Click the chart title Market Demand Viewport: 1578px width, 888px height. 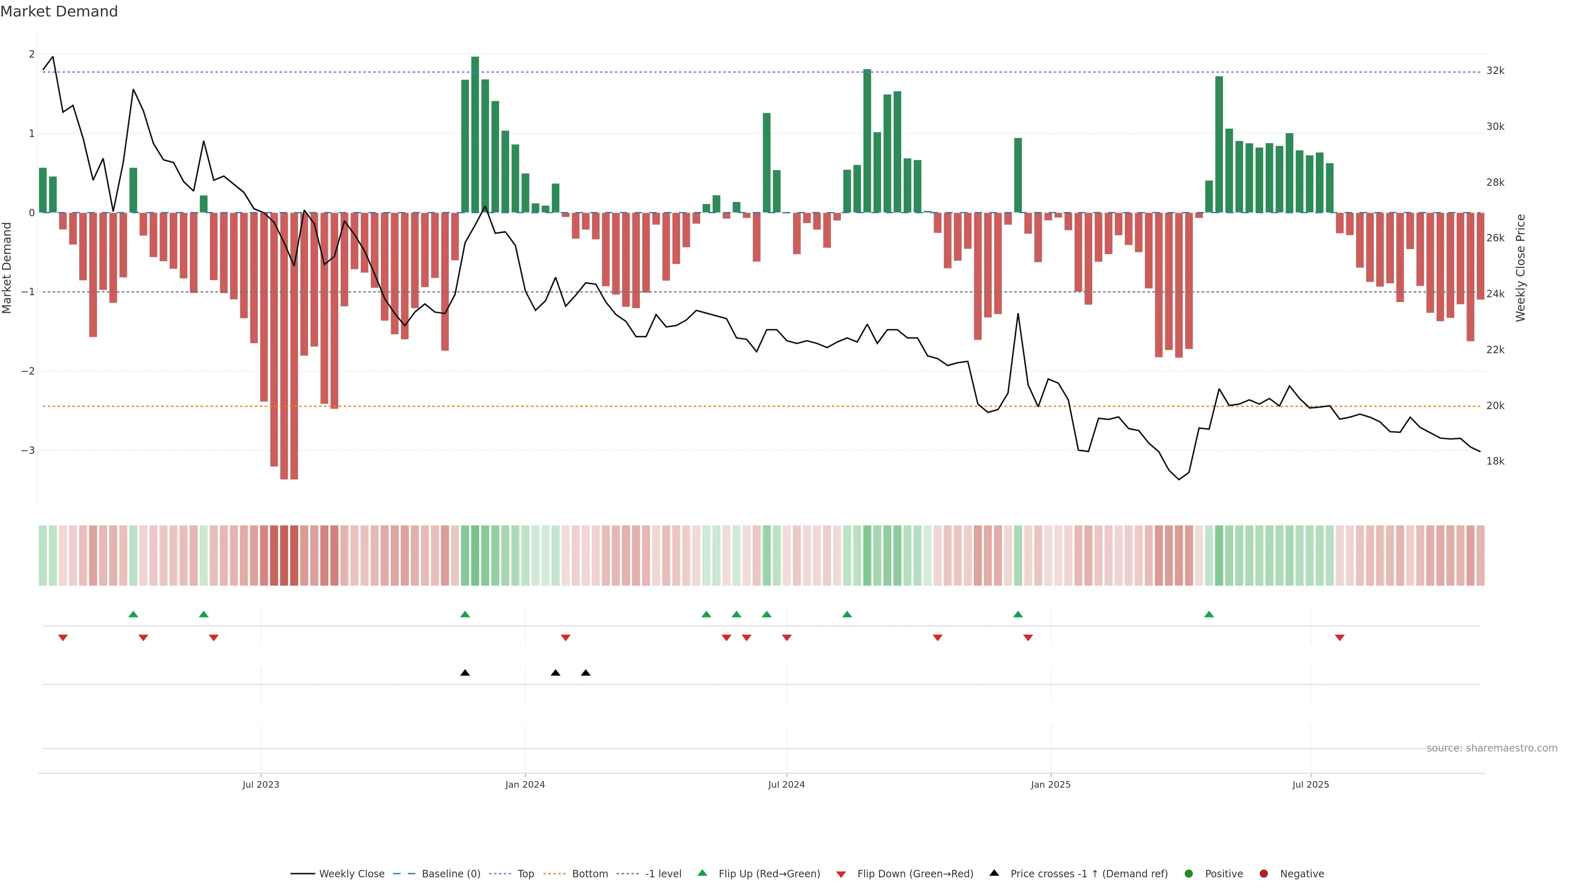(59, 12)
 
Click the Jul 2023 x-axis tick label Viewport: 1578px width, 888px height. (261, 784)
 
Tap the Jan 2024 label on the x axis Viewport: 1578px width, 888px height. (525, 784)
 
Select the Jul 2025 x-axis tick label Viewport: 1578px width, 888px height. (1310, 784)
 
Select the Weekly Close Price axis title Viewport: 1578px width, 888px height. (1520, 268)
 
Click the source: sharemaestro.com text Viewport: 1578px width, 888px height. (1492, 748)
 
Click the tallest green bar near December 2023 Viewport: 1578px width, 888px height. (475, 135)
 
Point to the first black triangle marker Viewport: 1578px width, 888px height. (465, 673)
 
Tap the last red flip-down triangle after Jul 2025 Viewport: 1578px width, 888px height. (1340, 638)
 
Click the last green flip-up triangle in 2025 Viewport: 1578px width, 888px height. (1209, 614)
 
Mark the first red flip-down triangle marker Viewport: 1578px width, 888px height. (62, 638)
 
